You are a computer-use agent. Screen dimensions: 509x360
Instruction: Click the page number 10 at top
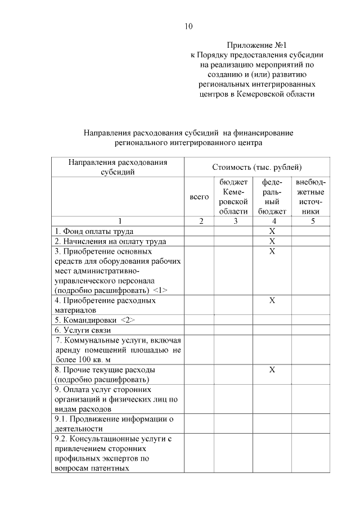[188, 26]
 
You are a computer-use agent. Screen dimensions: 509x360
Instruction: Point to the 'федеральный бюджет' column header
[272, 197]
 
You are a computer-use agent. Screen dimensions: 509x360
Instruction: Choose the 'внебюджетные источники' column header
[310, 197]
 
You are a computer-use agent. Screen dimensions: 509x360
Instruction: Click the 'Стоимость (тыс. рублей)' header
[256, 167]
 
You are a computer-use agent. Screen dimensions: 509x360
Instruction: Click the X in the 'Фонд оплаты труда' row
[272, 231]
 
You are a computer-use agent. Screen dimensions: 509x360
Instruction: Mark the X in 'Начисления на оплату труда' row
[272, 241]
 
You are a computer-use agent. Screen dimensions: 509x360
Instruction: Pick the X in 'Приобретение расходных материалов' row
[272, 301]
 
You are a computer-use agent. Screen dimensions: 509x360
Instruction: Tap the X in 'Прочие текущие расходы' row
[272, 370]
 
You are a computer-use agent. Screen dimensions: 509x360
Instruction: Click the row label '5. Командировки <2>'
[95, 320]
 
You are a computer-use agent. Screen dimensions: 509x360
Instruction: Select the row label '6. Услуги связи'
[83, 330]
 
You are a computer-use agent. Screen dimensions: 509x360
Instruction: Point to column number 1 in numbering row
[119, 221]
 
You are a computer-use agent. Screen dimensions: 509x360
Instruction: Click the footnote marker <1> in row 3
[160, 290]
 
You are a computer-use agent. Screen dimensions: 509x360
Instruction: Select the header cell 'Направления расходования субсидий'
[119, 167]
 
